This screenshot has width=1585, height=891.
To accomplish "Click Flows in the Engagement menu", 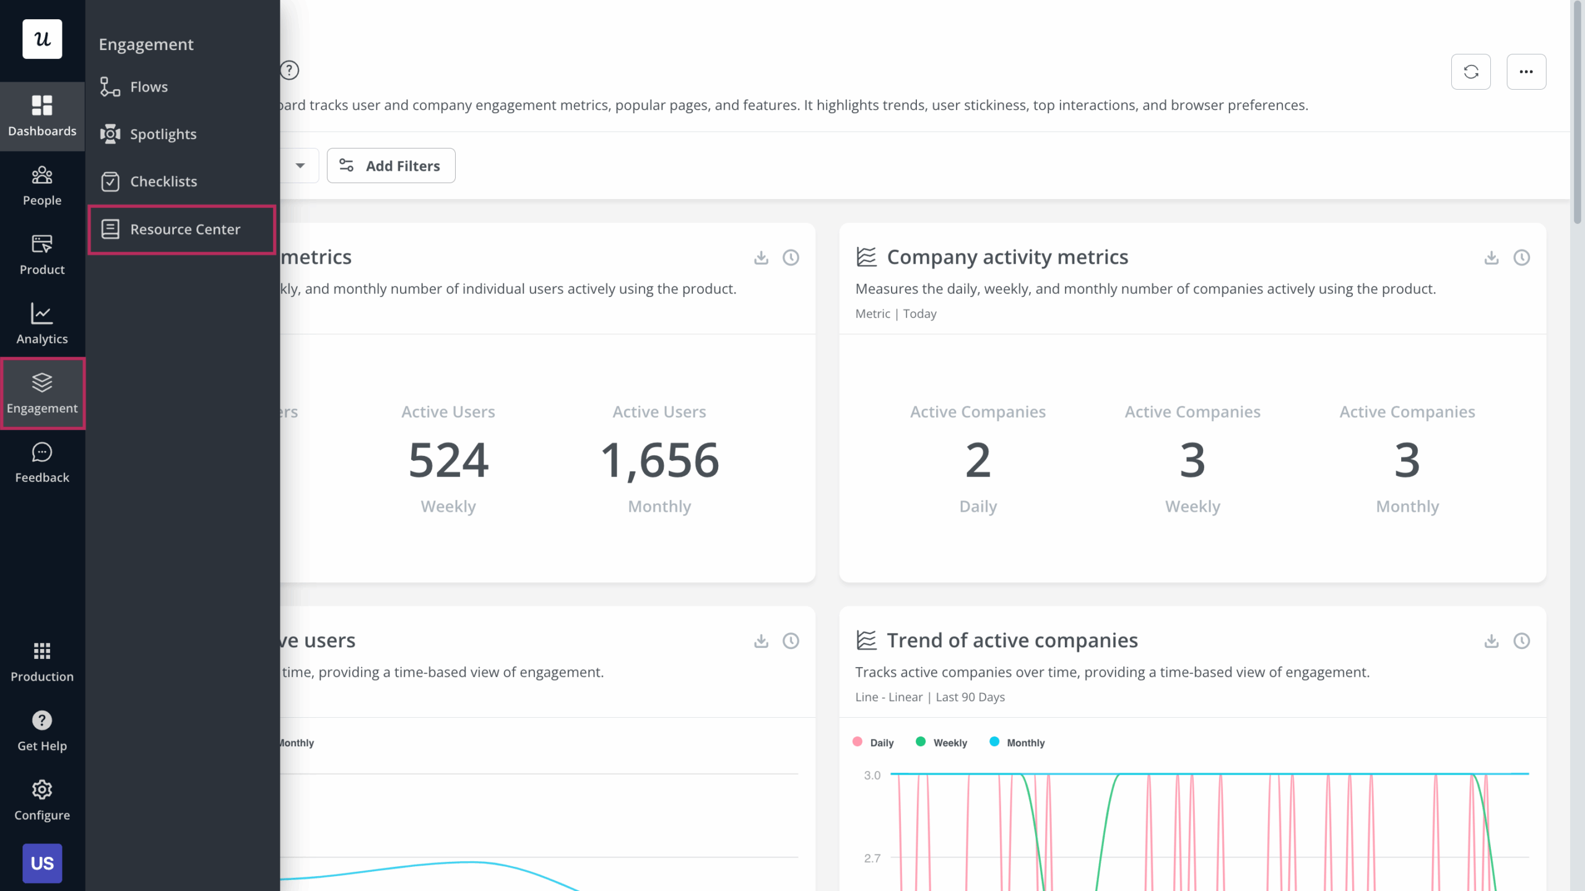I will click(x=149, y=87).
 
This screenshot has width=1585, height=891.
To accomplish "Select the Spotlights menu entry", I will click(x=162, y=134).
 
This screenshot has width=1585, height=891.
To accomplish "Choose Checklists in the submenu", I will click(x=163, y=182).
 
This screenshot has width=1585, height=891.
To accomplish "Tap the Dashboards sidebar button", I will click(x=42, y=116).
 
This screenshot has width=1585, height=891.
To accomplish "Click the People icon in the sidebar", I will click(x=42, y=176).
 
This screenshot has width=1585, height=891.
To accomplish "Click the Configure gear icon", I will click(x=42, y=790).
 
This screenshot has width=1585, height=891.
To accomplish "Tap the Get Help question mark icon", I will click(x=42, y=720).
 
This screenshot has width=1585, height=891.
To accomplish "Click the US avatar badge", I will click(x=42, y=863).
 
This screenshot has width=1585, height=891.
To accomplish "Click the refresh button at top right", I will click(x=1470, y=72).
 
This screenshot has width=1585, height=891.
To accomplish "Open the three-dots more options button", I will click(x=1526, y=72).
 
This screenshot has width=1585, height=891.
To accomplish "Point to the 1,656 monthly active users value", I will click(x=659, y=460).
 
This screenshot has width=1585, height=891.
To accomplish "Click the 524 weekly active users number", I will click(x=448, y=460).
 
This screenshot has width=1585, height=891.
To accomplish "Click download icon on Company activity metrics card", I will click(x=1491, y=257).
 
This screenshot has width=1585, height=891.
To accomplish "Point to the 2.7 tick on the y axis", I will click(x=872, y=858).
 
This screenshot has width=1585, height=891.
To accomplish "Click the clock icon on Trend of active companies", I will click(x=1521, y=641).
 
